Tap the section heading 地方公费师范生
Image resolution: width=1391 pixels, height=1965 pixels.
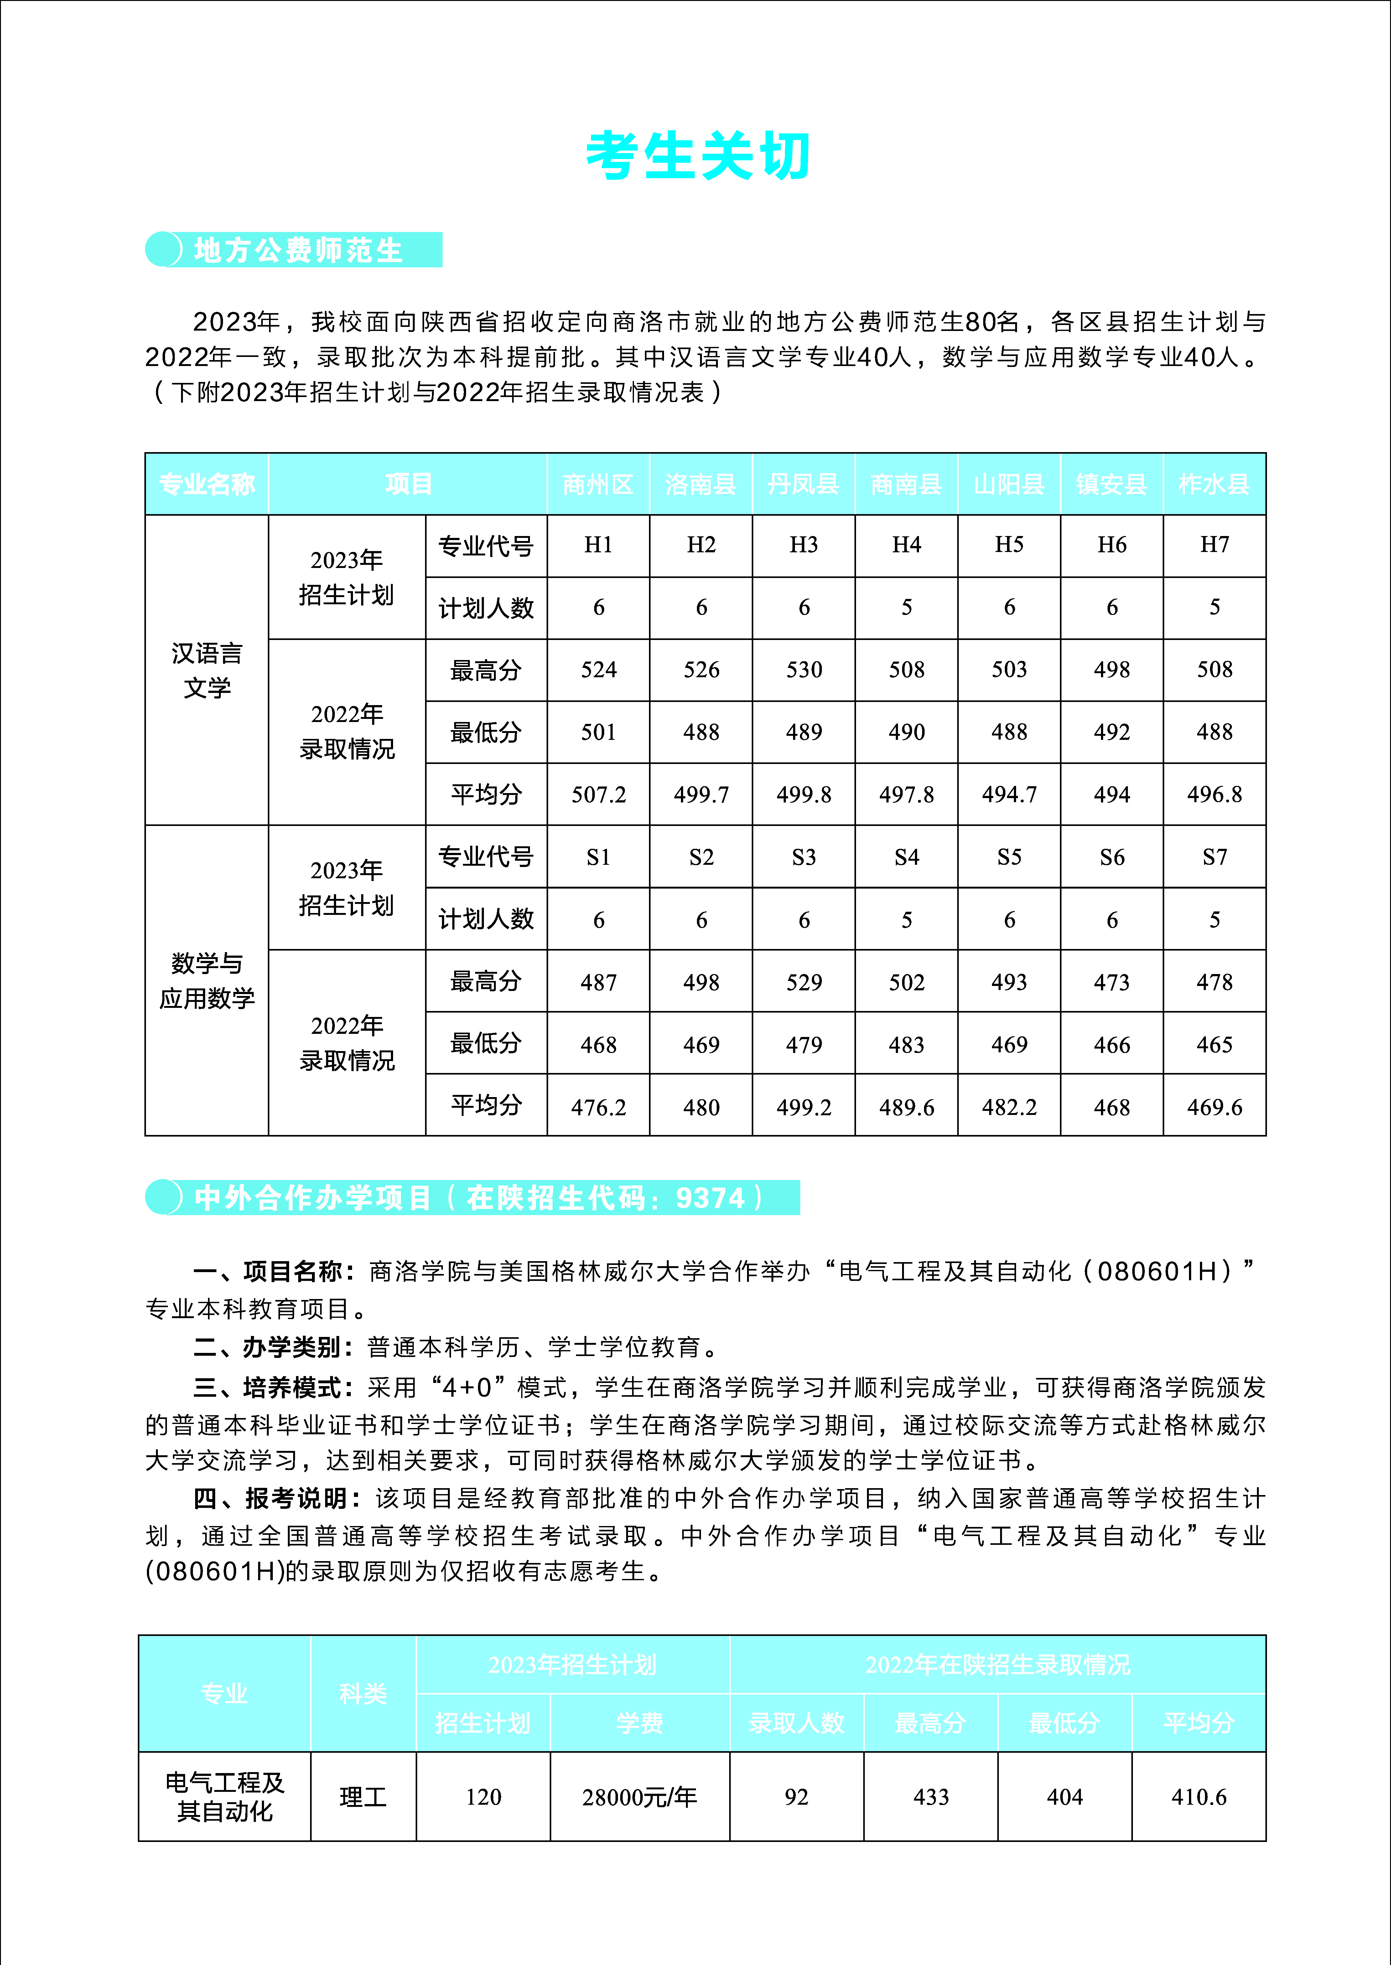[x=298, y=250]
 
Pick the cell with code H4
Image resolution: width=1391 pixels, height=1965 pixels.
[x=906, y=545]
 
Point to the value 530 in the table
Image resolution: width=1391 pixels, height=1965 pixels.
[x=803, y=669]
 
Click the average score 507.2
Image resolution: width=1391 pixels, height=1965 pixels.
[x=598, y=795]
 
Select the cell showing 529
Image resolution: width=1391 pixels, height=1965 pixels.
[x=803, y=982]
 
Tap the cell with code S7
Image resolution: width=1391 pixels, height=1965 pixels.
[x=1214, y=857]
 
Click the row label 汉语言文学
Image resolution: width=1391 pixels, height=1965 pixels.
[x=206, y=670]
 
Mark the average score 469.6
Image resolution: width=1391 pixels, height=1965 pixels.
[x=1214, y=1107]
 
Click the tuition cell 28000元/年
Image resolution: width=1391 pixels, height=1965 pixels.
[x=639, y=1797]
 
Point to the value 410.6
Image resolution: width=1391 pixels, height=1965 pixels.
[x=1198, y=1797]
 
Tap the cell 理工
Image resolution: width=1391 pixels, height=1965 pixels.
[x=363, y=1797]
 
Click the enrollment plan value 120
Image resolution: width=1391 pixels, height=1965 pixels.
[x=483, y=1797]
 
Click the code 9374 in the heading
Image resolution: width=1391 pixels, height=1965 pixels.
[x=710, y=1198]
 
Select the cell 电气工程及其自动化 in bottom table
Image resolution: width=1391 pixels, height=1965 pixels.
[x=224, y=1797]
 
